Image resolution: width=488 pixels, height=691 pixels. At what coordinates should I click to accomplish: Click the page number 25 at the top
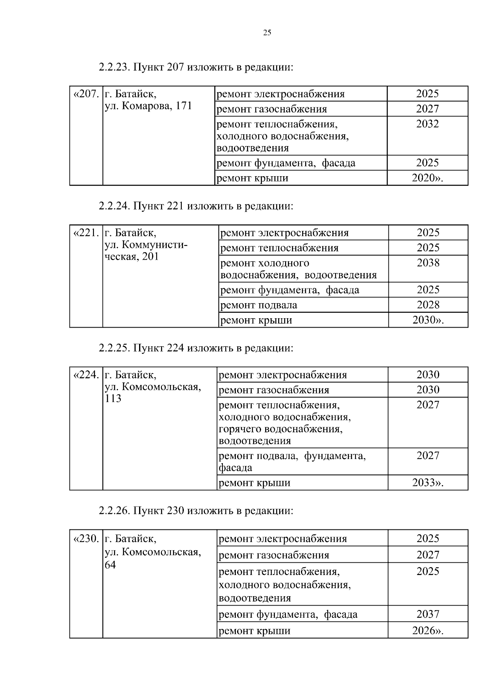coord(267,33)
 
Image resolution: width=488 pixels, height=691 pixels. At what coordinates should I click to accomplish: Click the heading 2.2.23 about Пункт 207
coord(195,67)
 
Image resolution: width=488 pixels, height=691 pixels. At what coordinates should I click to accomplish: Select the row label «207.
coord(86,94)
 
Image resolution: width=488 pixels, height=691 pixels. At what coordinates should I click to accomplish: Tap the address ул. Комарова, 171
coord(148,107)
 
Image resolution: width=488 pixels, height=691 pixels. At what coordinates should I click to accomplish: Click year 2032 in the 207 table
coord(427,124)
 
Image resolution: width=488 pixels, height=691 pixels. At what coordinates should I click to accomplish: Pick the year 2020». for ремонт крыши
coord(427,178)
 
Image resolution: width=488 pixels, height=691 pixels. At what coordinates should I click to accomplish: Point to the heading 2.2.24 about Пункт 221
coord(195,206)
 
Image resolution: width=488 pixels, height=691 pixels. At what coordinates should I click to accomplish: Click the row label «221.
coord(86,233)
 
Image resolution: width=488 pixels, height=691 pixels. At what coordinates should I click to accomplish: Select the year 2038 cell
coord(428,263)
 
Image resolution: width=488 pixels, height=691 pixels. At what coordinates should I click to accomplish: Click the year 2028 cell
coord(428,305)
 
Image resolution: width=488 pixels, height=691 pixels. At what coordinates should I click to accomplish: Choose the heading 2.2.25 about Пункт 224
coord(195,348)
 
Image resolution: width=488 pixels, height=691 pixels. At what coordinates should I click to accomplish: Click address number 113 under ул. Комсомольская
coord(113,398)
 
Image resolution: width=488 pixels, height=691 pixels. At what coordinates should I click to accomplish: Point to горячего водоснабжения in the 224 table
coord(280,429)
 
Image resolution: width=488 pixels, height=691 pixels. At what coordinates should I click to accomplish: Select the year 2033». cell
coord(428,483)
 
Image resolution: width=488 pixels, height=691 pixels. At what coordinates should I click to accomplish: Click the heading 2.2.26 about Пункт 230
coord(195,510)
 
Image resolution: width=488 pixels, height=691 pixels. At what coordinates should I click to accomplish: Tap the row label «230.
coord(86,539)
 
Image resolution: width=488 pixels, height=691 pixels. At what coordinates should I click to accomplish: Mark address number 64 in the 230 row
coord(110,565)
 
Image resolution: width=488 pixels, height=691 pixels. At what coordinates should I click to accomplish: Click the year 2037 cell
coord(428,614)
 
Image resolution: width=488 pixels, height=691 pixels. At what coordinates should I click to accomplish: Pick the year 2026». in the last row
coord(428,631)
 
